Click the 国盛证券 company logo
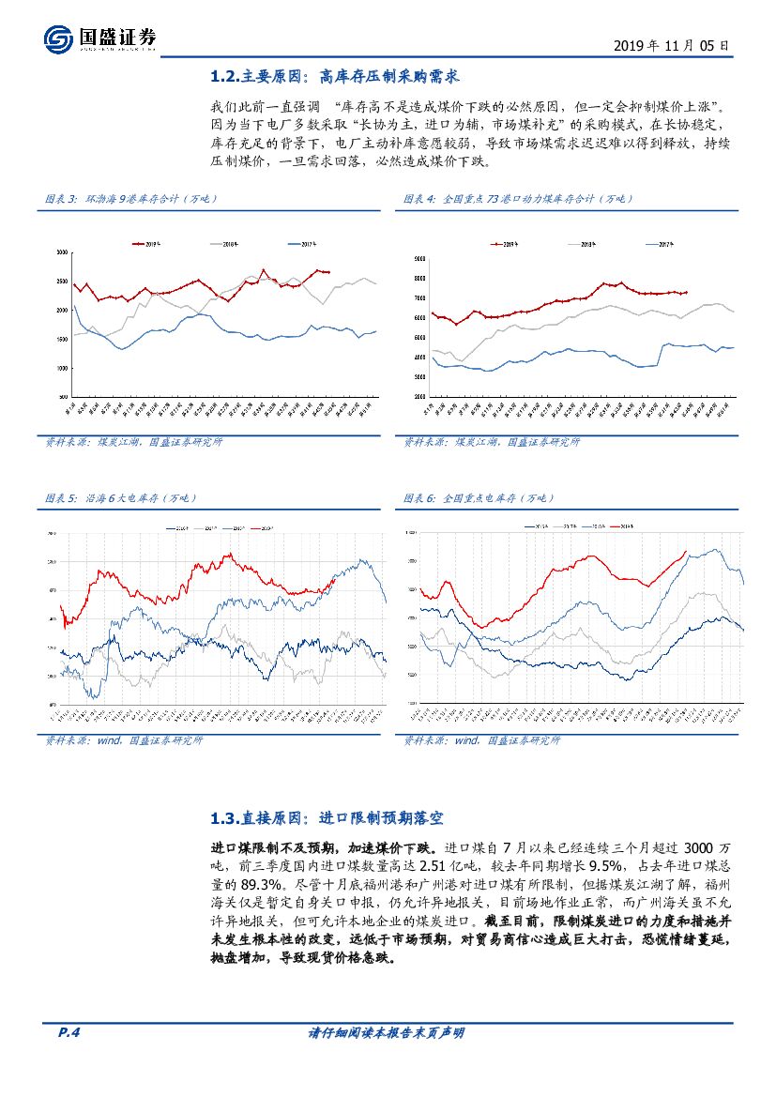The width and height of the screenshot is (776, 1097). coord(99,38)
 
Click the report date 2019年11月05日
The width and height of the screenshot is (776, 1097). coord(670,44)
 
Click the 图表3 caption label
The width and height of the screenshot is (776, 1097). coord(60,199)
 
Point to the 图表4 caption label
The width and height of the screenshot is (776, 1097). coord(418,199)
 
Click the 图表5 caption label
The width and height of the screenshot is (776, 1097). coord(60,497)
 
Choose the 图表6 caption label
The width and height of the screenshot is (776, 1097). coord(418,497)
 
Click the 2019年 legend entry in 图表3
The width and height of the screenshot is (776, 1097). coord(148,242)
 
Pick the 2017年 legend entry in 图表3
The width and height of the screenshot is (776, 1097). coord(296,242)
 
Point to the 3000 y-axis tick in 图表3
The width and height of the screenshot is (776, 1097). coord(63,253)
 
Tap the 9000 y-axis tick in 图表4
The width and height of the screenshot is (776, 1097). coord(419,258)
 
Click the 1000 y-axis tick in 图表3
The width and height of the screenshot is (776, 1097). coord(63,368)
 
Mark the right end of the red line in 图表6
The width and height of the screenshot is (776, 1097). coord(687,551)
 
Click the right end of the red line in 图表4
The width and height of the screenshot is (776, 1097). coord(687,292)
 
